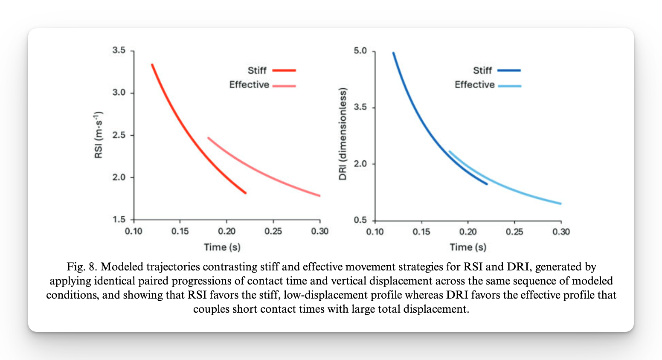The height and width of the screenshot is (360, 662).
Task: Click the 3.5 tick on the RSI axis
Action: pyautogui.click(x=119, y=50)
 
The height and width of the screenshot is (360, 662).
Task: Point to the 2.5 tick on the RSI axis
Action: pyautogui.click(x=119, y=135)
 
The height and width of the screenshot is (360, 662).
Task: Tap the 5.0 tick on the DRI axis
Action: pyautogui.click(x=360, y=51)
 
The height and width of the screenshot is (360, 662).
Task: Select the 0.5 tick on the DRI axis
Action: pyautogui.click(x=360, y=220)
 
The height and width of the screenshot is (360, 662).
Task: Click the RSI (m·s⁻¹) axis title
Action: pyautogui.click(x=99, y=135)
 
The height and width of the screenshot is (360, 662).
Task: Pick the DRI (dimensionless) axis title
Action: pyautogui.click(x=343, y=134)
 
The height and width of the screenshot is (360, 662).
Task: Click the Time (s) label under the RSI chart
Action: pyautogui.click(x=222, y=247)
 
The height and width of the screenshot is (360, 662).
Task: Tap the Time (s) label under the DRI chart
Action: pyautogui.click(x=468, y=247)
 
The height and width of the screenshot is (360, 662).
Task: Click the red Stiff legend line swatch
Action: pyautogui.click(x=284, y=70)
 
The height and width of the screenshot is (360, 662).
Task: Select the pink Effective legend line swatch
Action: pyautogui.click(x=284, y=86)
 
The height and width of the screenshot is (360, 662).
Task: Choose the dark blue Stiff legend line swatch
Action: pyautogui.click(x=509, y=70)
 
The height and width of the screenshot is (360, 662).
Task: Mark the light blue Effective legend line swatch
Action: pyautogui.click(x=509, y=86)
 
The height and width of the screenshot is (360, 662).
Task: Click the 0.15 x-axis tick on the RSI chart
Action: pyautogui.click(x=180, y=231)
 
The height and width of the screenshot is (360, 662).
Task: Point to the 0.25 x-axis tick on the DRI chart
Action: pyautogui.click(x=514, y=232)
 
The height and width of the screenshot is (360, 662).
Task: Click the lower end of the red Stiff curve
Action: pyautogui.click(x=245, y=193)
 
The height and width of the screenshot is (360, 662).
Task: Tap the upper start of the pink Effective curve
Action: pyautogui.click(x=208, y=138)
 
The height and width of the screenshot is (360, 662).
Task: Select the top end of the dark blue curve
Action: pyautogui.click(x=393, y=53)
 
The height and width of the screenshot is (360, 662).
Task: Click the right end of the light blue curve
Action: pyautogui.click(x=560, y=203)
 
